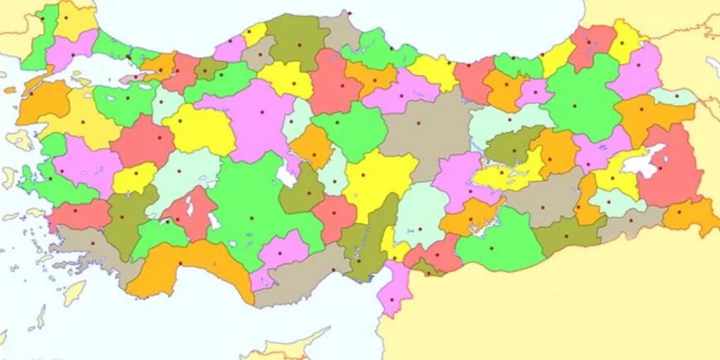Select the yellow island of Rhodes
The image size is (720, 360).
(74, 292)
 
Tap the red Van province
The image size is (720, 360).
(669, 169)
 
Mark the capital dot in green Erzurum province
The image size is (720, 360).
(575, 106)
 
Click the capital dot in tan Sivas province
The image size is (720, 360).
(418, 122)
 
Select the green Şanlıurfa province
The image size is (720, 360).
(495, 242)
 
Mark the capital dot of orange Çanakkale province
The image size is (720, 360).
(31, 94)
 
